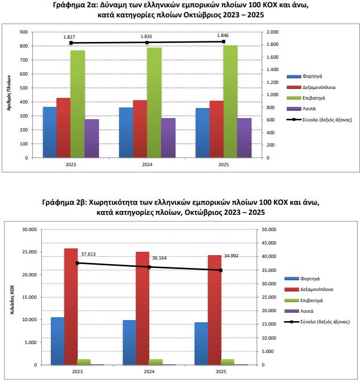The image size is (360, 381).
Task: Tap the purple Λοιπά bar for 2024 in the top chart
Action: [x=168, y=138]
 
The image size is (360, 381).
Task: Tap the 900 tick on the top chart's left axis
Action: [x=25, y=32]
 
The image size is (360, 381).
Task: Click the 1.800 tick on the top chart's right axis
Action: [x=271, y=45]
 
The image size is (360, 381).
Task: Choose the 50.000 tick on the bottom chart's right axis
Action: [x=269, y=229]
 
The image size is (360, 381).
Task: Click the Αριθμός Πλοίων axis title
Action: [x=10, y=95]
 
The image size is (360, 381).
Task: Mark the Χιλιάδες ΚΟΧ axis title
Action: [x=12, y=297]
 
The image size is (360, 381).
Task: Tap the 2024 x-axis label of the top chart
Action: [x=147, y=165]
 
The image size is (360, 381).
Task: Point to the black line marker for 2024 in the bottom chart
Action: [x=149, y=267]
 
